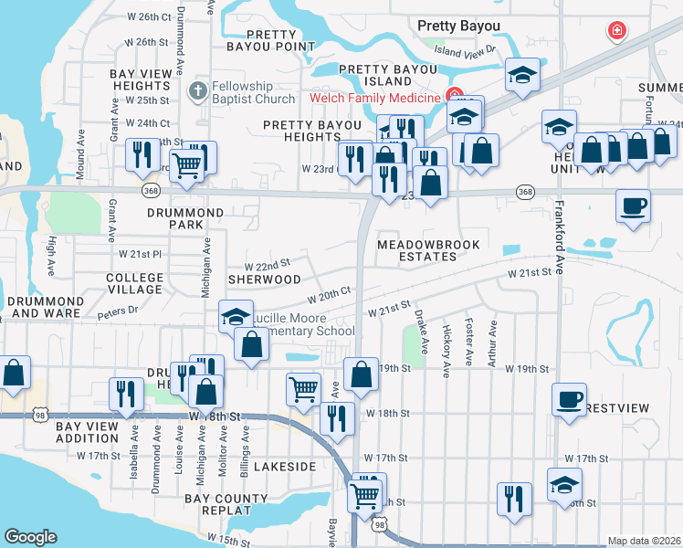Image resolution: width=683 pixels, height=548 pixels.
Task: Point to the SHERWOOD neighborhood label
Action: (x=264, y=279)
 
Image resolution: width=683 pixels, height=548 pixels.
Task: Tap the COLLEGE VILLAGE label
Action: (x=134, y=283)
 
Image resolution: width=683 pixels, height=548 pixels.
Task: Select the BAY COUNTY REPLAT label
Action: (x=226, y=505)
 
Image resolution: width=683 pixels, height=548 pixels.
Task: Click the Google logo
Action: (x=30, y=537)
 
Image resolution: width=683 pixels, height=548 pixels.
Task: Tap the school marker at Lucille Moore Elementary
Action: (x=236, y=316)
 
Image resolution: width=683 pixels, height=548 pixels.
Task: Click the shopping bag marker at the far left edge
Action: (x=14, y=372)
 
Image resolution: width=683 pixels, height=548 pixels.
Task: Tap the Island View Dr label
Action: (x=465, y=51)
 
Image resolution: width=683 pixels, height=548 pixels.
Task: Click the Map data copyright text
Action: (x=643, y=541)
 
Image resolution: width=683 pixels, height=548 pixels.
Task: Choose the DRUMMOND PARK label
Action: (x=185, y=218)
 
